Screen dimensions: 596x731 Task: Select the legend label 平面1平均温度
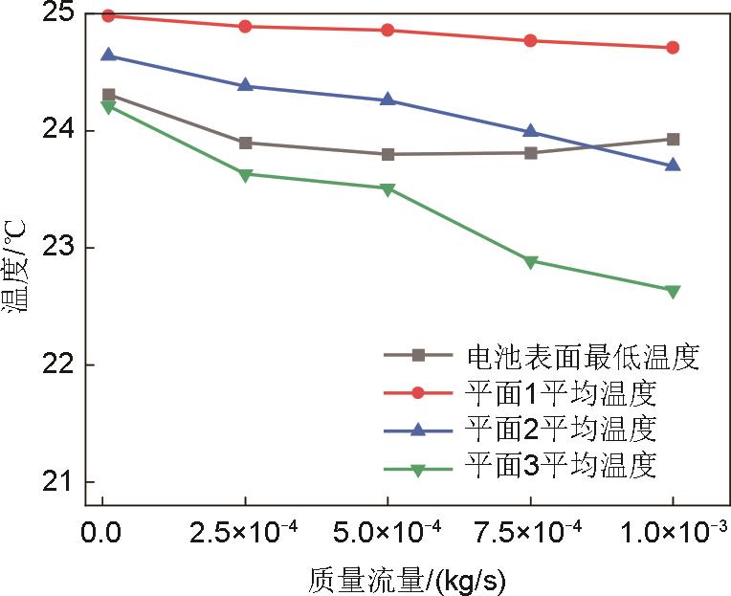(561, 393)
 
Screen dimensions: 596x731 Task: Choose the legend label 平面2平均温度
(561, 430)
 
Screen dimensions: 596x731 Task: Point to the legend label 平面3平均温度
(561, 466)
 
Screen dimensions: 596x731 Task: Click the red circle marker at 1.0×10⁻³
(673, 47)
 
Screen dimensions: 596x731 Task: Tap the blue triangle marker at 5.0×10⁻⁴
(388, 99)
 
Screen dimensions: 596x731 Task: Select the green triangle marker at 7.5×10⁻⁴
(530, 261)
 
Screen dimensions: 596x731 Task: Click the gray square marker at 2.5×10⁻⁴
(245, 143)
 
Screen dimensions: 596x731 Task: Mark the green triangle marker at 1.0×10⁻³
(673, 291)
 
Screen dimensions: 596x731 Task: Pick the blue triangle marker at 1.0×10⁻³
(673, 165)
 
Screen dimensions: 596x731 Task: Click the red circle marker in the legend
(418, 392)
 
